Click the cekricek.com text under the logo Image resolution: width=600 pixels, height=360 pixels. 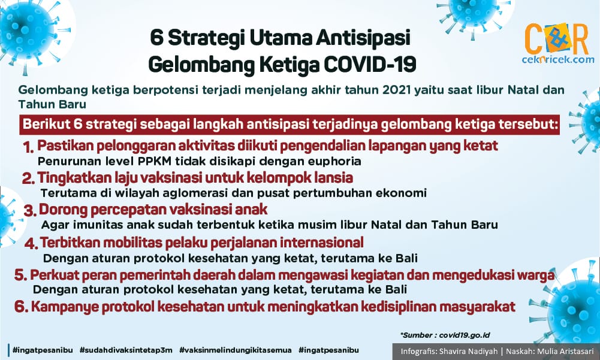coord(558,59)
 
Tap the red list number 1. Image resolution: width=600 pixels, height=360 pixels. coord(28,147)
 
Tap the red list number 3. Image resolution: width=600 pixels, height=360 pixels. coord(30,211)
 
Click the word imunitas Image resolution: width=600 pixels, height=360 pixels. coord(98,224)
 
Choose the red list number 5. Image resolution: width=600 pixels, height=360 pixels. coord(20,275)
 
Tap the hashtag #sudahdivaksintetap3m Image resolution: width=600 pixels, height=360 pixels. coord(126,350)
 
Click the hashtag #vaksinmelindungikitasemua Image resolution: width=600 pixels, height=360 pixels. coord(236,350)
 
